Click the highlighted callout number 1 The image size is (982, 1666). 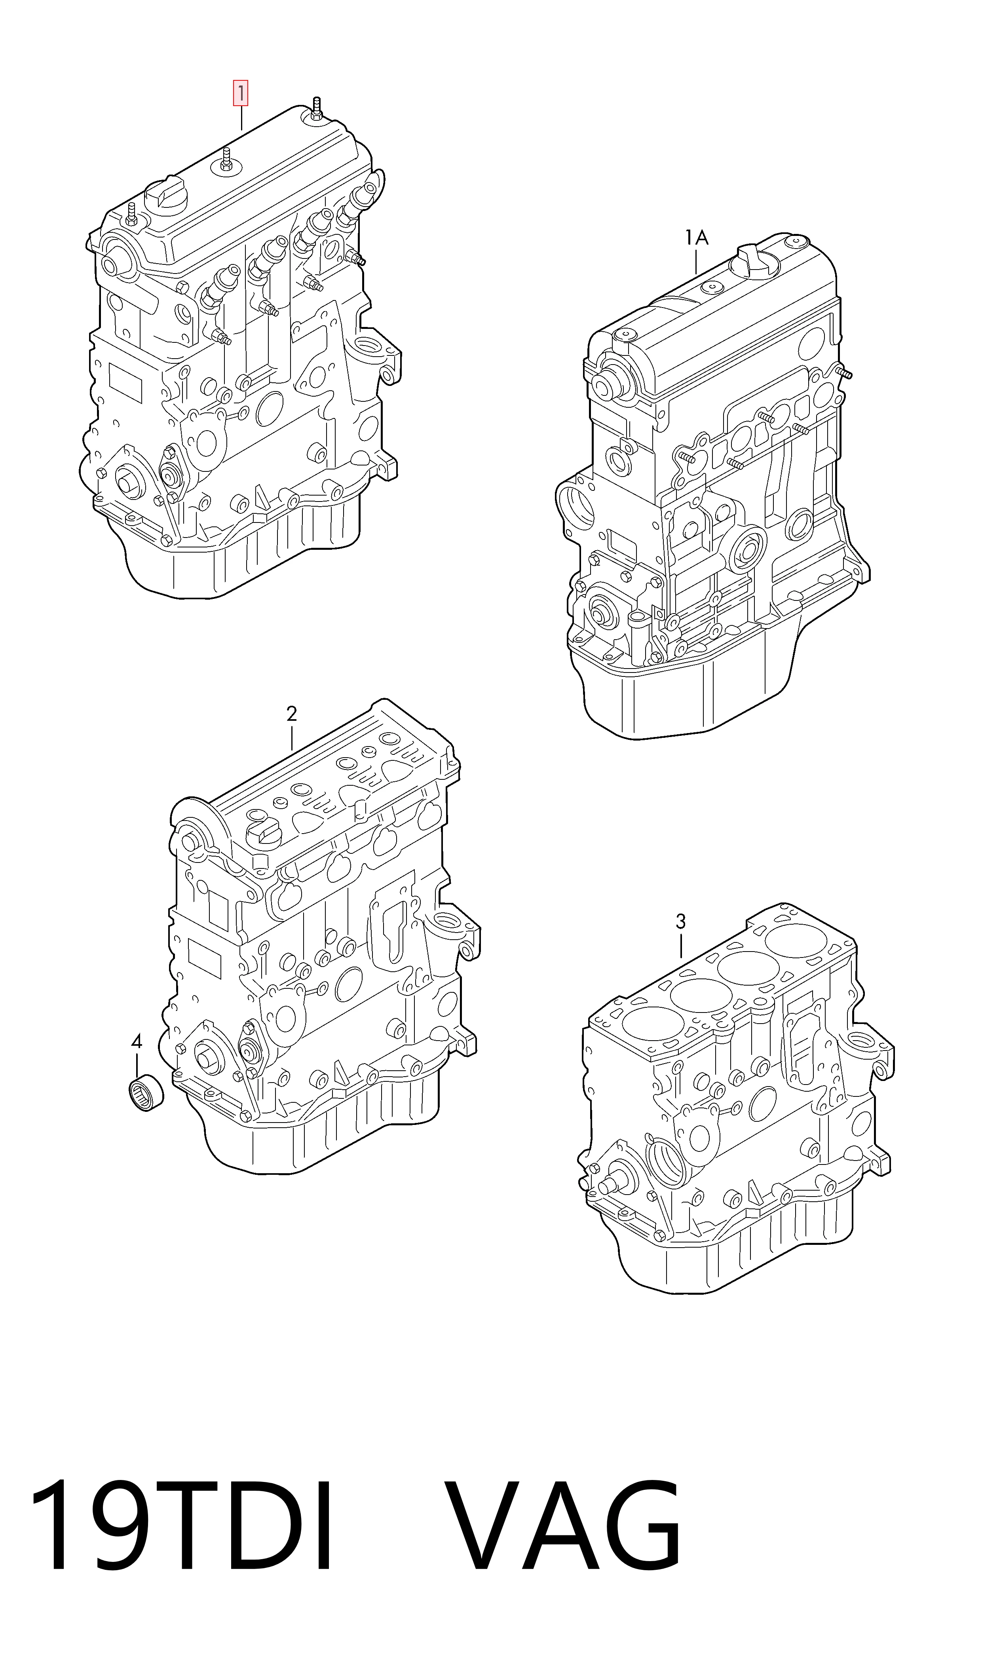(x=239, y=94)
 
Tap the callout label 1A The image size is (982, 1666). (x=696, y=237)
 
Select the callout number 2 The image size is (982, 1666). (x=292, y=714)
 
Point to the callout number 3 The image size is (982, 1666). (x=680, y=921)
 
